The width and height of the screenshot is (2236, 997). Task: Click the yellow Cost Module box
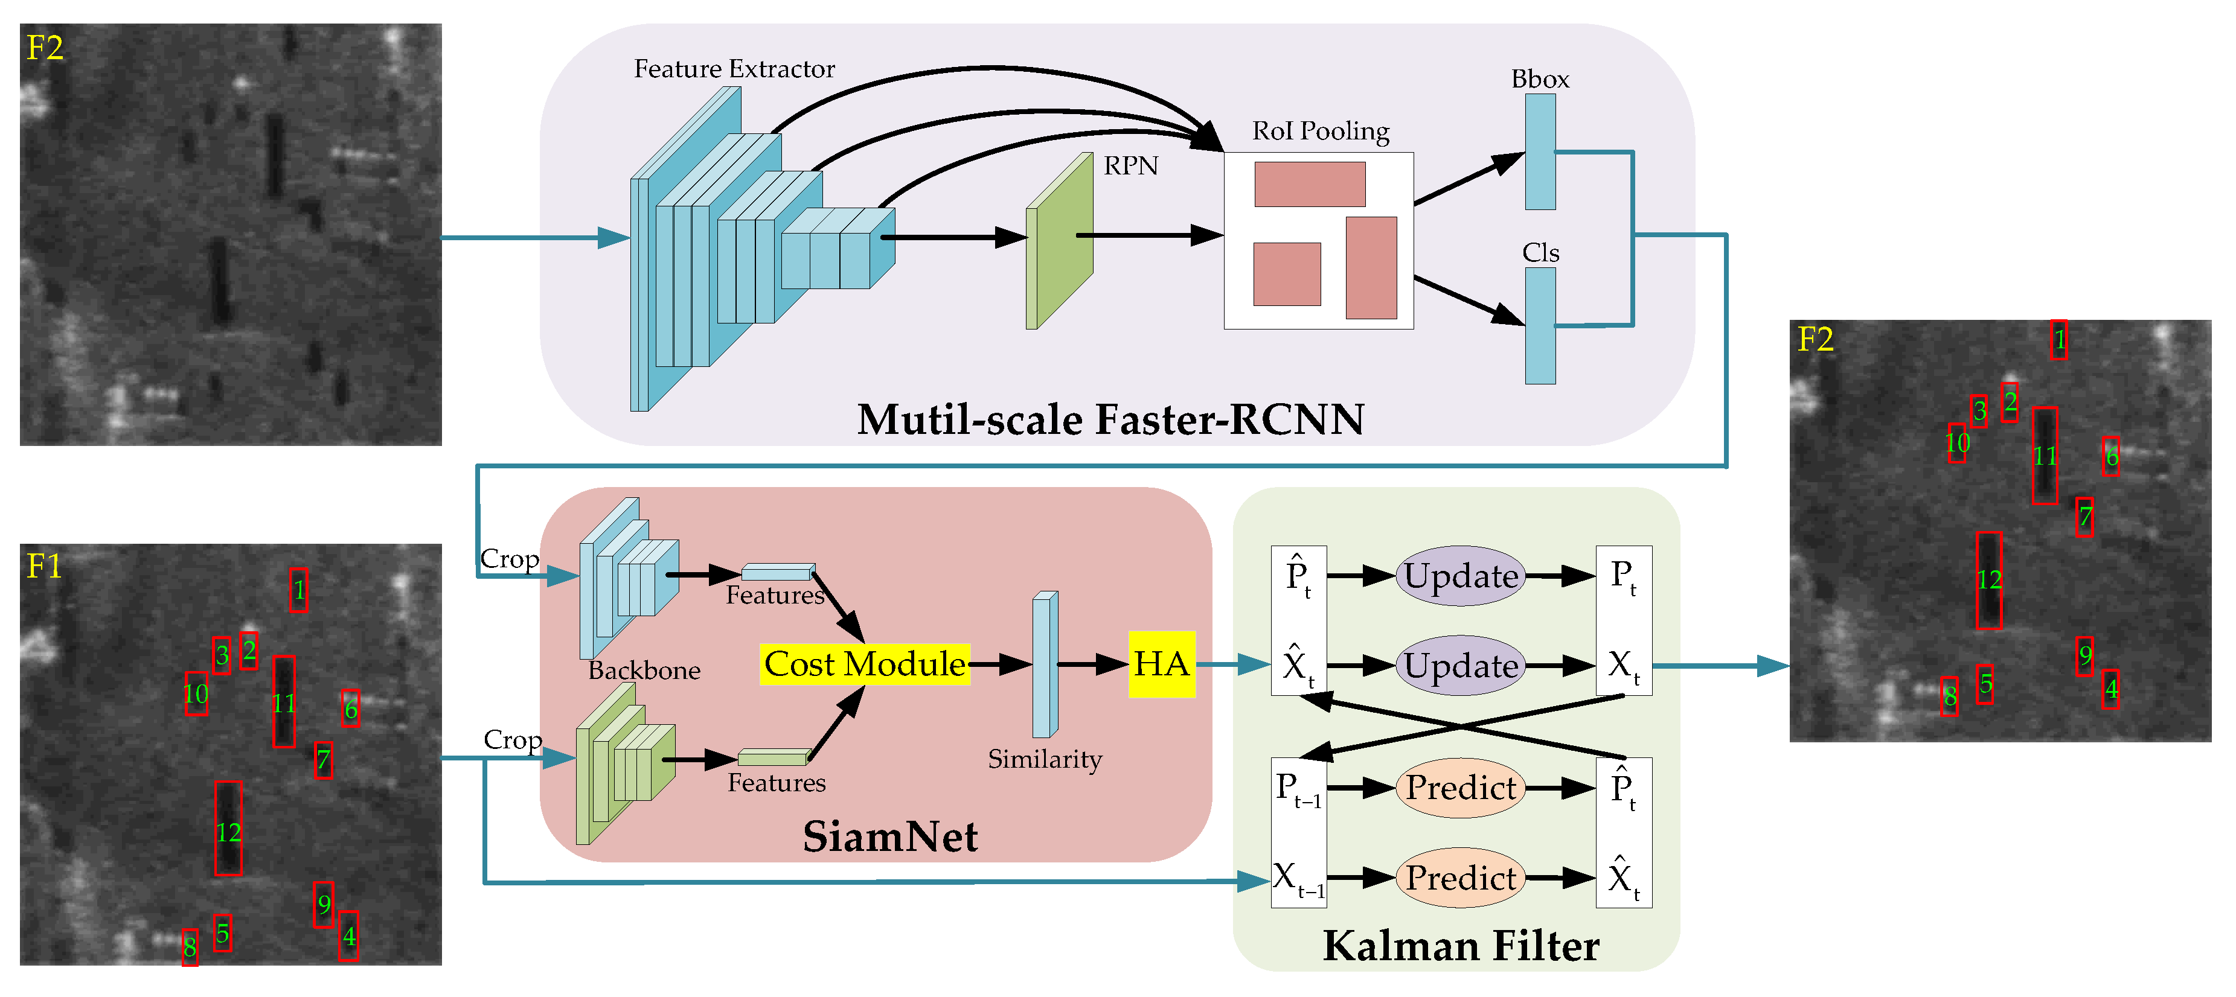[865, 664]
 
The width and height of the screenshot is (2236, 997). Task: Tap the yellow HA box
[1161, 664]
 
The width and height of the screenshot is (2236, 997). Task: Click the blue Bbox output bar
[1540, 152]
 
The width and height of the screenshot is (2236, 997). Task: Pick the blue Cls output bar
[1540, 325]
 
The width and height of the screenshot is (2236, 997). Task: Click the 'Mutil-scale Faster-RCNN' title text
[1110, 419]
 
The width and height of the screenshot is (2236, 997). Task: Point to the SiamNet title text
[889, 836]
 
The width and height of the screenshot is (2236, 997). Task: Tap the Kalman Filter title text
[1460, 945]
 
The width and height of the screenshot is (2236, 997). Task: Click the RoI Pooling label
[1320, 131]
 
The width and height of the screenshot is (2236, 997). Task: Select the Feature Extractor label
[734, 69]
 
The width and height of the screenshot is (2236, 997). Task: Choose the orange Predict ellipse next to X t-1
[1460, 878]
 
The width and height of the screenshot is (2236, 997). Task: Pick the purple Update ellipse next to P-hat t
[1460, 575]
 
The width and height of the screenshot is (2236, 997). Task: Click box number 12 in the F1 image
[228, 829]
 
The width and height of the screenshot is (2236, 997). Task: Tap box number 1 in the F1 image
[298, 590]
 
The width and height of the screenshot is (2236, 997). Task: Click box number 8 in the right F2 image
[1950, 696]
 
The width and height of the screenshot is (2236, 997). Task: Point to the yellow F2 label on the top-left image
[45, 48]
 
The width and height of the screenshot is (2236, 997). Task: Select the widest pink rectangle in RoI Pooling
[1309, 184]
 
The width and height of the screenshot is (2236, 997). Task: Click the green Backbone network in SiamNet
[623, 763]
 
